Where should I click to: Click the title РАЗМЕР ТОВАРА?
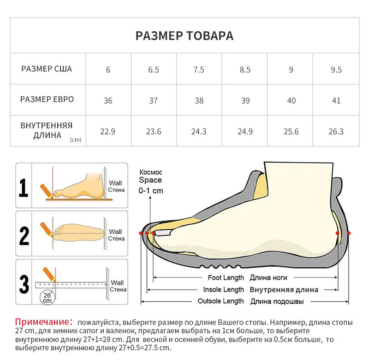pyautogui.click(x=184, y=36)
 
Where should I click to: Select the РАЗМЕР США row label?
pyautogui.click(x=47, y=69)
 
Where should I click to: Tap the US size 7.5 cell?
pyautogui.click(x=199, y=70)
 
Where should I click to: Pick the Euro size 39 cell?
pyautogui.click(x=245, y=101)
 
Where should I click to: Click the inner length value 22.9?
pyautogui.click(x=108, y=132)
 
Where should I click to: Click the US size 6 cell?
pyautogui.click(x=108, y=70)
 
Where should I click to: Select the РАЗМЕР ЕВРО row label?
pyautogui.click(x=47, y=100)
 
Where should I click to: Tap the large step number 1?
pyautogui.click(x=24, y=187)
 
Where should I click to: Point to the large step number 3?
pyautogui.click(x=24, y=283)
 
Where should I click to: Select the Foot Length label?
pyautogui.click(x=226, y=278)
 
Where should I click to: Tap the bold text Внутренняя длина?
pyautogui.click(x=284, y=290)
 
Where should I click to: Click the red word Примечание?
pyautogui.click(x=41, y=322)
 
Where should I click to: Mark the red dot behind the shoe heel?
pyautogui.click(x=349, y=233)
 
